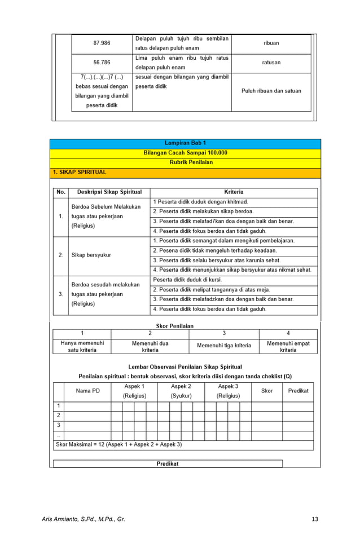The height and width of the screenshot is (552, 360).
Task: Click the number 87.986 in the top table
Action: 102,43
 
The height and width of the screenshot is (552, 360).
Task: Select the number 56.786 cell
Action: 102,63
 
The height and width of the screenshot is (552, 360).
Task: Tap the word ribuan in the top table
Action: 271,43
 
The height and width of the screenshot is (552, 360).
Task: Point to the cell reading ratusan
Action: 271,63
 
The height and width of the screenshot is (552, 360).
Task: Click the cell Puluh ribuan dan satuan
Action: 271,91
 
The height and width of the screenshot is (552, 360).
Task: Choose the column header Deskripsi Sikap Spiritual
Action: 109,192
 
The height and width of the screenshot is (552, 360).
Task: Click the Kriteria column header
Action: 234,192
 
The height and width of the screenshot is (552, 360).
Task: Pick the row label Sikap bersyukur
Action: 91,255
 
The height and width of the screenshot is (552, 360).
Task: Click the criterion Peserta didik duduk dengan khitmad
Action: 200,202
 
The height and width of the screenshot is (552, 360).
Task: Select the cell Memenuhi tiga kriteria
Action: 224,346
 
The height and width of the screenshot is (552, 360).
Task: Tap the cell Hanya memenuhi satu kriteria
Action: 82,346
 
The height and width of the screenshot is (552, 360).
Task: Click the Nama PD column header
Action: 87,391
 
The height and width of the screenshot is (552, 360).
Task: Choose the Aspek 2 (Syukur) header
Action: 181,391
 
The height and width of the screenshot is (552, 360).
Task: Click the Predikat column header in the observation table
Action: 298,391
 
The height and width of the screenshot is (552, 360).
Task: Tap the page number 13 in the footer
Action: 314,518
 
